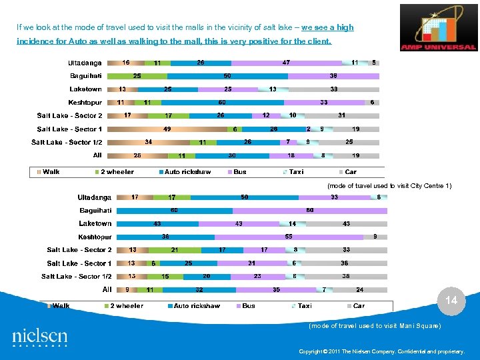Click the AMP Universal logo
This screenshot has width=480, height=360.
click(x=438, y=28)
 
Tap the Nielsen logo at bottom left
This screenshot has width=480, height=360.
click(x=39, y=337)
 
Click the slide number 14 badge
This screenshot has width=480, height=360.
click(x=451, y=301)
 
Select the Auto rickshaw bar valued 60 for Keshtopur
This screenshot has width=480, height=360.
click(x=222, y=103)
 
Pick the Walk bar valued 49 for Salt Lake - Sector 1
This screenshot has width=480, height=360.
click(x=167, y=129)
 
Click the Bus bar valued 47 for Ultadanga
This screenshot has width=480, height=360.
click(x=285, y=63)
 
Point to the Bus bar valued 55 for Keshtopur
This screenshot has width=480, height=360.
click(x=289, y=237)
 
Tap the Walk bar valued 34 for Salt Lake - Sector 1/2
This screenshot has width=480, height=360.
click(x=148, y=142)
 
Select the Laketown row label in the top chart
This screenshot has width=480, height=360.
click(x=86, y=89)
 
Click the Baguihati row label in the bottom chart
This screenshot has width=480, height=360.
click(x=96, y=211)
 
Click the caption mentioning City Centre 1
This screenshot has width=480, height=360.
click(x=389, y=186)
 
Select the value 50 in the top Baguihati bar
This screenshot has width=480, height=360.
click(x=227, y=76)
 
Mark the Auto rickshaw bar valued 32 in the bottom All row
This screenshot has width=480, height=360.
click(x=199, y=290)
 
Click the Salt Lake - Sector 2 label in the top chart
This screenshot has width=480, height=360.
click(x=70, y=116)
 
